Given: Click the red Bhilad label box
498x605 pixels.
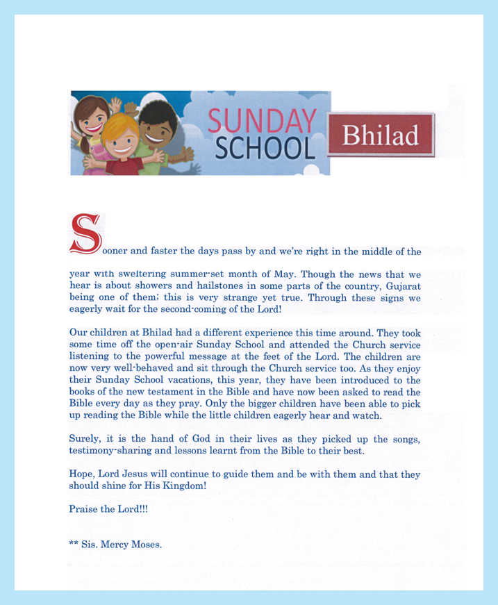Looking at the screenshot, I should (x=381, y=135).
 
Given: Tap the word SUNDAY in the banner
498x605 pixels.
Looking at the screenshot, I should (x=261, y=121).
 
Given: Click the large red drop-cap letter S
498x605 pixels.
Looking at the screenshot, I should (x=85, y=233).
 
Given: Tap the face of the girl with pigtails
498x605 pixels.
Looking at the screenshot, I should (x=94, y=117).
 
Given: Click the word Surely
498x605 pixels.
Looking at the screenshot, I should (x=84, y=440).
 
